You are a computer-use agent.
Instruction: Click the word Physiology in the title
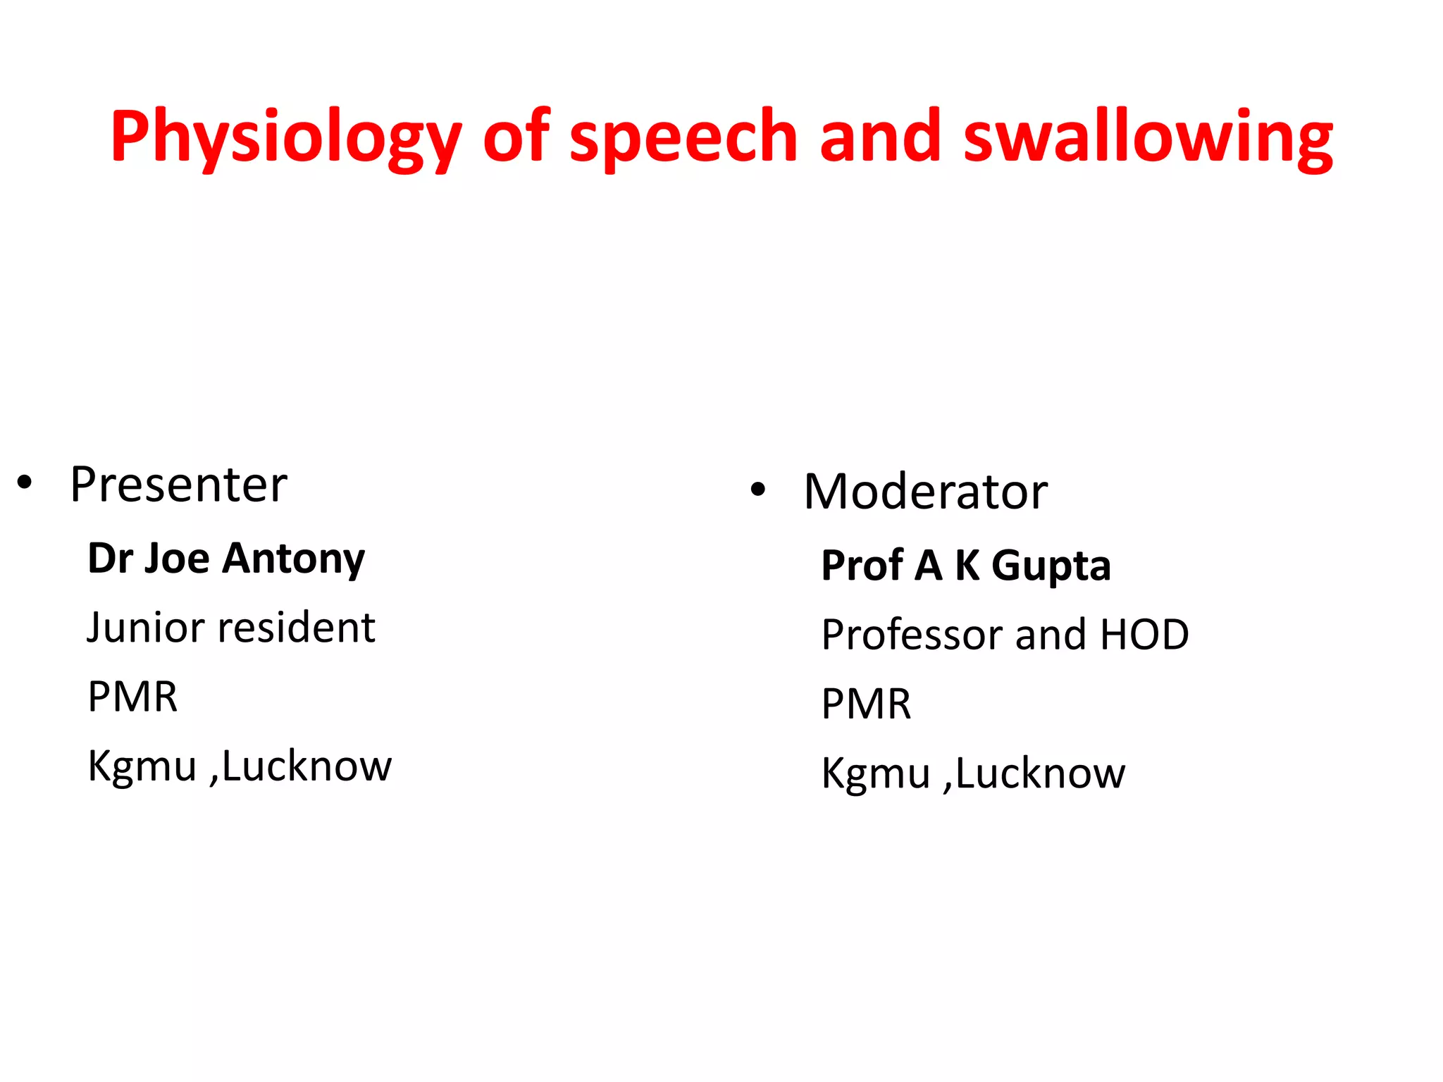[285, 137]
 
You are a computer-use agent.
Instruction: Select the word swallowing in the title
[1148, 137]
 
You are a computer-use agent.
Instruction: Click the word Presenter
[179, 485]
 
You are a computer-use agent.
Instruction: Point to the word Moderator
[925, 492]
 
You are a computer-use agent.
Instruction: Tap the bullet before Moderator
[758, 491]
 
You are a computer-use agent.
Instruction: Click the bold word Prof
[862, 566]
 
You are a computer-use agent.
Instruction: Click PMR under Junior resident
[132, 697]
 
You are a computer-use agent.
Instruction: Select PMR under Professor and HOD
[866, 704]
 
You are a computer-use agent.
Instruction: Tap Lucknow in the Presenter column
[306, 766]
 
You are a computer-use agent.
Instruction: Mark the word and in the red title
[880, 137]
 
